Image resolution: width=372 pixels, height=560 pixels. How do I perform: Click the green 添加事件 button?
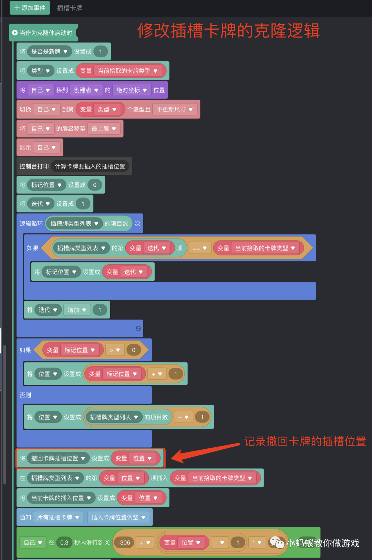point(30,8)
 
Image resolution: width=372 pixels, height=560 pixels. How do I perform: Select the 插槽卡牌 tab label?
point(70,8)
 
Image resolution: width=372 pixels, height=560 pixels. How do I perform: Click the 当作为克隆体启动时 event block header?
point(43,33)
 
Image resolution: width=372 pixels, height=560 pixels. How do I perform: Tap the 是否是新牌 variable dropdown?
point(49,52)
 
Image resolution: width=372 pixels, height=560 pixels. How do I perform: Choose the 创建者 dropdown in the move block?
point(86,90)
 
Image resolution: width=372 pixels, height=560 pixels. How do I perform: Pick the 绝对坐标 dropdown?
point(132,90)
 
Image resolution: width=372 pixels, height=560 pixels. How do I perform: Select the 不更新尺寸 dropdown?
point(175,110)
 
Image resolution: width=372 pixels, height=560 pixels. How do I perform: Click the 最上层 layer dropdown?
point(104,129)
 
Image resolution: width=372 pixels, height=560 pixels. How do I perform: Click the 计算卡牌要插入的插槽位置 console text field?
point(90,166)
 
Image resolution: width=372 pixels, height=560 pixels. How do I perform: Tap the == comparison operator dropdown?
point(200,248)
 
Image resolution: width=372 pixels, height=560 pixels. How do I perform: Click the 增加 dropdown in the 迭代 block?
point(77,310)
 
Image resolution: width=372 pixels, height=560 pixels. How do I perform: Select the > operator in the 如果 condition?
point(115,350)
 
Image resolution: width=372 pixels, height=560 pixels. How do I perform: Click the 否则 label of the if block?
point(25,395)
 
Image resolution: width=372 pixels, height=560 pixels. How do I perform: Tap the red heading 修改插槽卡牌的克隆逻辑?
point(228,31)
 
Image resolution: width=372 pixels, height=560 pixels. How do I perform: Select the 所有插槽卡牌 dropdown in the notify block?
point(58,517)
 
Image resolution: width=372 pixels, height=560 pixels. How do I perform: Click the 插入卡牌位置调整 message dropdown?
point(118,517)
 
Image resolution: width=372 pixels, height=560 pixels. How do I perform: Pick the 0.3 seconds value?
point(64,543)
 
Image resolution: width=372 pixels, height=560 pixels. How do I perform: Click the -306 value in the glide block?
point(124,543)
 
